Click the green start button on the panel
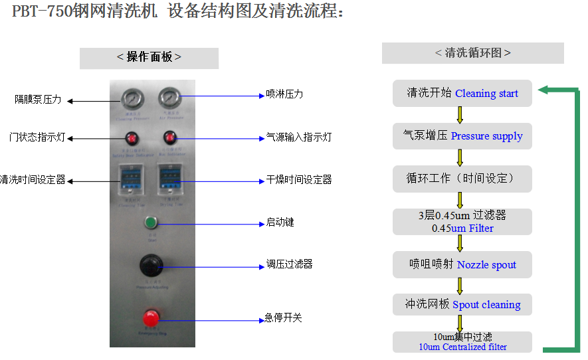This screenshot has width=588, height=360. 151,223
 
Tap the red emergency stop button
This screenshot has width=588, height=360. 151,317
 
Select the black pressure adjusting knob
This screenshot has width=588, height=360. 151,266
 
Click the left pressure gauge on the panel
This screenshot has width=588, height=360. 131,100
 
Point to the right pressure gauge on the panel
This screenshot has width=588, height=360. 169,100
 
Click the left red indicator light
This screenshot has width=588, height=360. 132,138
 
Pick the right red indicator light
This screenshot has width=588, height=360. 170,138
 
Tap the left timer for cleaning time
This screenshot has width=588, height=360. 132,179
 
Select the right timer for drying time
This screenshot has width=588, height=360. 170,179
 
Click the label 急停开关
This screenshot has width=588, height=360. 284,318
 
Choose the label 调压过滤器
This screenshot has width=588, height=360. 289,264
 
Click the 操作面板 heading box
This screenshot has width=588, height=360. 149,58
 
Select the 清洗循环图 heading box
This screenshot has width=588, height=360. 472,53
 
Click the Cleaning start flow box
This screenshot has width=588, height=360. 462,94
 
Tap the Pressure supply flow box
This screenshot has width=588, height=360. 462,135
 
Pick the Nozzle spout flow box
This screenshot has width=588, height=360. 462,264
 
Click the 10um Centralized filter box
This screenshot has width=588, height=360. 462,341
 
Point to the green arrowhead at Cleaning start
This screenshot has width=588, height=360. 543,90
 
